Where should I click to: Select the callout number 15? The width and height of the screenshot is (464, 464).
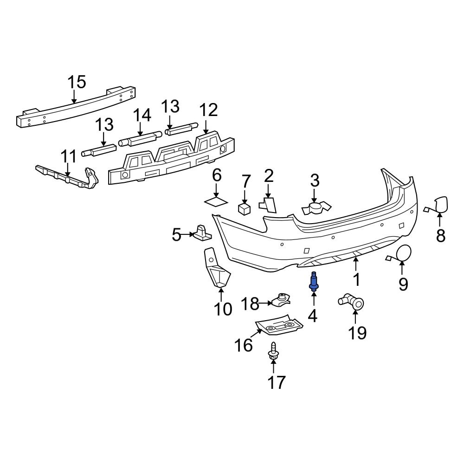[x=77, y=82]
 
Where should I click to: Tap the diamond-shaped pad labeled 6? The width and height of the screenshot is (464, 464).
[x=216, y=201]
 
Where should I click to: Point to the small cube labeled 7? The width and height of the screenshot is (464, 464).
[x=245, y=208]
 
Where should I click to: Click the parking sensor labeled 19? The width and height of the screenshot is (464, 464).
[x=353, y=301]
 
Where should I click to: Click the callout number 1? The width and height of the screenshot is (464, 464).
[x=356, y=280]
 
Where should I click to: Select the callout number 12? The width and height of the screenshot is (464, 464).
[x=208, y=110]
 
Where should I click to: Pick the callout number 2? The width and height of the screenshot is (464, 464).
[x=269, y=176]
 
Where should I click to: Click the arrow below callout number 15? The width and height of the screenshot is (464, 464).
[x=74, y=97]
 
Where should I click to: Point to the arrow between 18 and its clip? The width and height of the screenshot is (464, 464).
[x=266, y=303]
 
